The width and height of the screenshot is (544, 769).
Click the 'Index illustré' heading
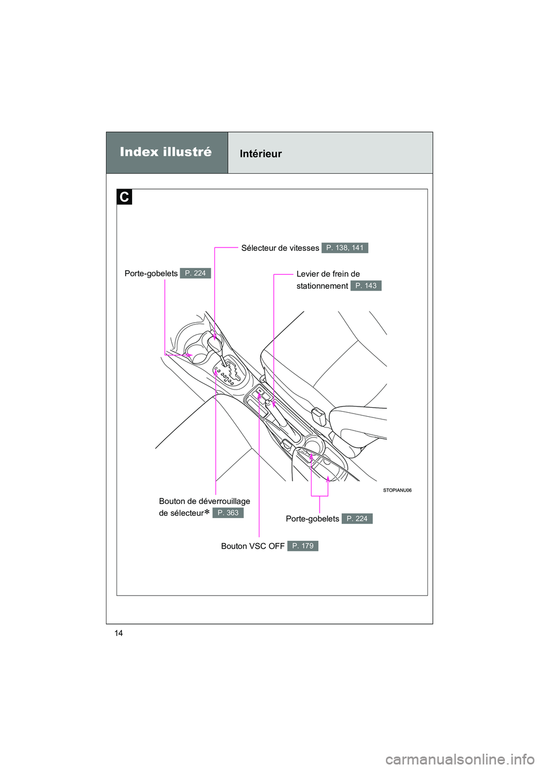coord(165,152)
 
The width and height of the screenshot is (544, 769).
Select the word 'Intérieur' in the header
coord(261,154)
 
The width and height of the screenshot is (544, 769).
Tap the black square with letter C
coord(124,197)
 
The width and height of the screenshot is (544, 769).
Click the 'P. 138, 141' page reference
coord(345,248)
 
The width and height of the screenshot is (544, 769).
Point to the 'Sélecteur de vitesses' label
coord(280,248)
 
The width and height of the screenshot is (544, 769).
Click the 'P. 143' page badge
coord(365,286)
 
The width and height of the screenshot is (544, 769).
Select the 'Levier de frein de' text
coord(328,274)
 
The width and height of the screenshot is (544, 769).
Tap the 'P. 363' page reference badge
coord(228,513)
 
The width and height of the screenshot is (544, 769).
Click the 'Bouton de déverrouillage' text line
coord(205,501)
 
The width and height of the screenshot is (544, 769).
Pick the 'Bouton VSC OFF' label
coord(253,546)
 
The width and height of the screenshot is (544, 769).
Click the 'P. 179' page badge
coord(303,546)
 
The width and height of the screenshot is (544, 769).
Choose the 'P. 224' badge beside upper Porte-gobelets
coord(195,274)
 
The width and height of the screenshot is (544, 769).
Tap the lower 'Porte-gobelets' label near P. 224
coord(312,519)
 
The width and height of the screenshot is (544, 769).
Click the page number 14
coord(118,633)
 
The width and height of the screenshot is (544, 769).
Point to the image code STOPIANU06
coord(397,490)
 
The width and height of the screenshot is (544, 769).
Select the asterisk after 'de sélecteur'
coord(207,512)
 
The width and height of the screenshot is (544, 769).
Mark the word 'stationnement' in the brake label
coord(322,286)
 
